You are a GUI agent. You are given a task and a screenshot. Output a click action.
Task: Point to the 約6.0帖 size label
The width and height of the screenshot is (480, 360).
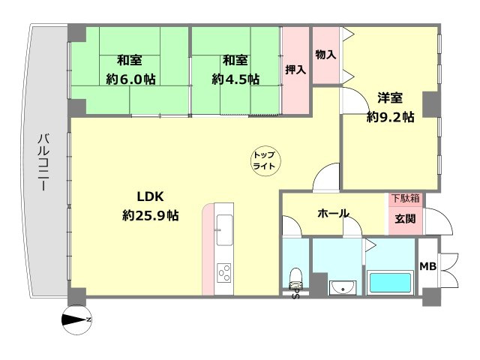(x=130, y=78)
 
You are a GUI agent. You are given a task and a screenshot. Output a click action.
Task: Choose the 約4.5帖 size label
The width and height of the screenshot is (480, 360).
(x=235, y=78)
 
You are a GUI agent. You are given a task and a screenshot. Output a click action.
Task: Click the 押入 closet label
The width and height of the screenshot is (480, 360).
(x=295, y=70)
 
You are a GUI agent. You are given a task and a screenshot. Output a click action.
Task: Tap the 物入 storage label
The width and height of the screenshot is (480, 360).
(x=325, y=55)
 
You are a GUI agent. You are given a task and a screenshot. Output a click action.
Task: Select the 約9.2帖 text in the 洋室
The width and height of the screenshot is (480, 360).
(x=390, y=116)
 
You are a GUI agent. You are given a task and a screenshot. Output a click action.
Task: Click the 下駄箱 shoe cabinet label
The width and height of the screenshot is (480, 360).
(x=405, y=199)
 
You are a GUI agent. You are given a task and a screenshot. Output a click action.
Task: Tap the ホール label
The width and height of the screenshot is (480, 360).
(x=333, y=214)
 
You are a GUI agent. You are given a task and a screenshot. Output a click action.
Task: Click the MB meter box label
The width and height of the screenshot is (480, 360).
(x=427, y=266)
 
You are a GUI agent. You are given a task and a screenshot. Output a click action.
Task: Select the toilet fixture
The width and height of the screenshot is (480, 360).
(x=295, y=277)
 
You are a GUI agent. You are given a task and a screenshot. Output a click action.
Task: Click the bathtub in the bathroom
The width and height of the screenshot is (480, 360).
(x=389, y=284)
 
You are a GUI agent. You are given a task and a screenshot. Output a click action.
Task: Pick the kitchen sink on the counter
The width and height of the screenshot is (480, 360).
(x=224, y=223)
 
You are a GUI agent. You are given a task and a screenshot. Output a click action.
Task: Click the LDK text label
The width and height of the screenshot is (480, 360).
(x=150, y=196)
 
